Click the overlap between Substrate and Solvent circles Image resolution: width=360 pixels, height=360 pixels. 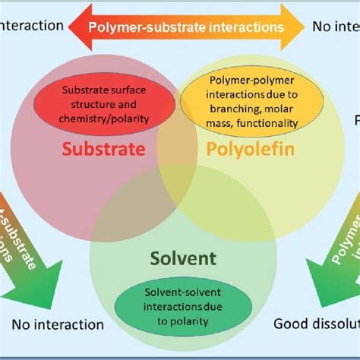(125, 209)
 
